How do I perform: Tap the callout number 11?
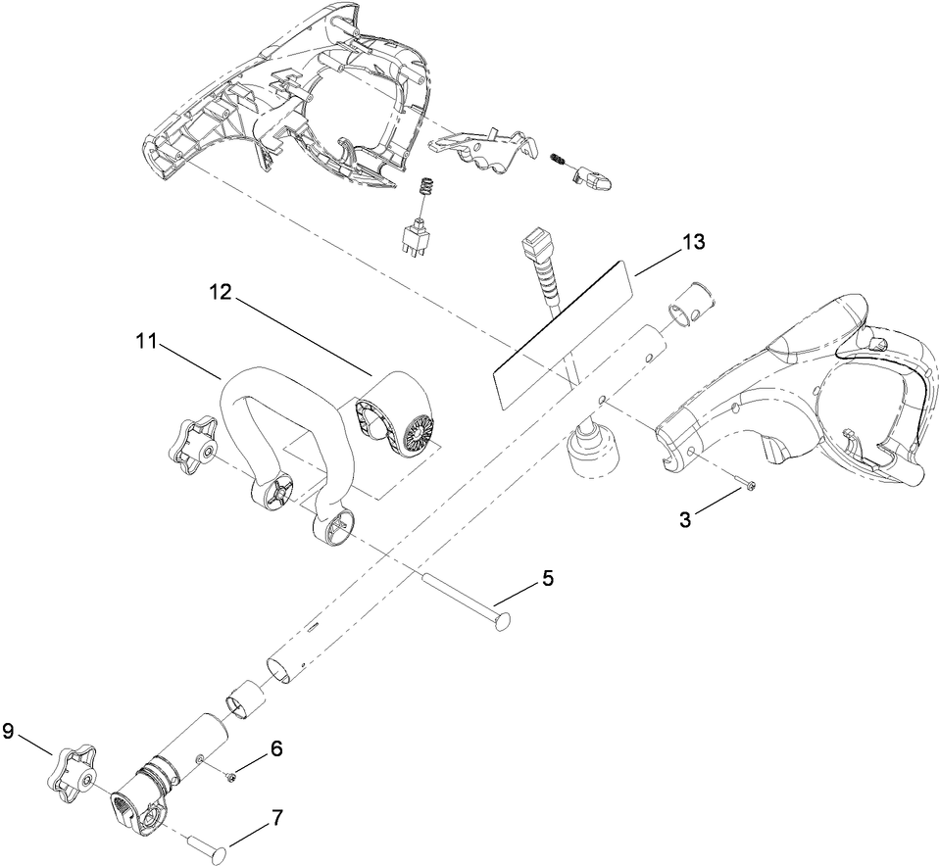click(147, 341)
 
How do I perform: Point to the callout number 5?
click(547, 578)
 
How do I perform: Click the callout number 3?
click(686, 519)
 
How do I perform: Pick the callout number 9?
click(9, 731)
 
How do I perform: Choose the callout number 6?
click(275, 748)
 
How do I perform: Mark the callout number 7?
click(276, 815)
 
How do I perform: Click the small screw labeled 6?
click(231, 777)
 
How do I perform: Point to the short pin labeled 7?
click(208, 846)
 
